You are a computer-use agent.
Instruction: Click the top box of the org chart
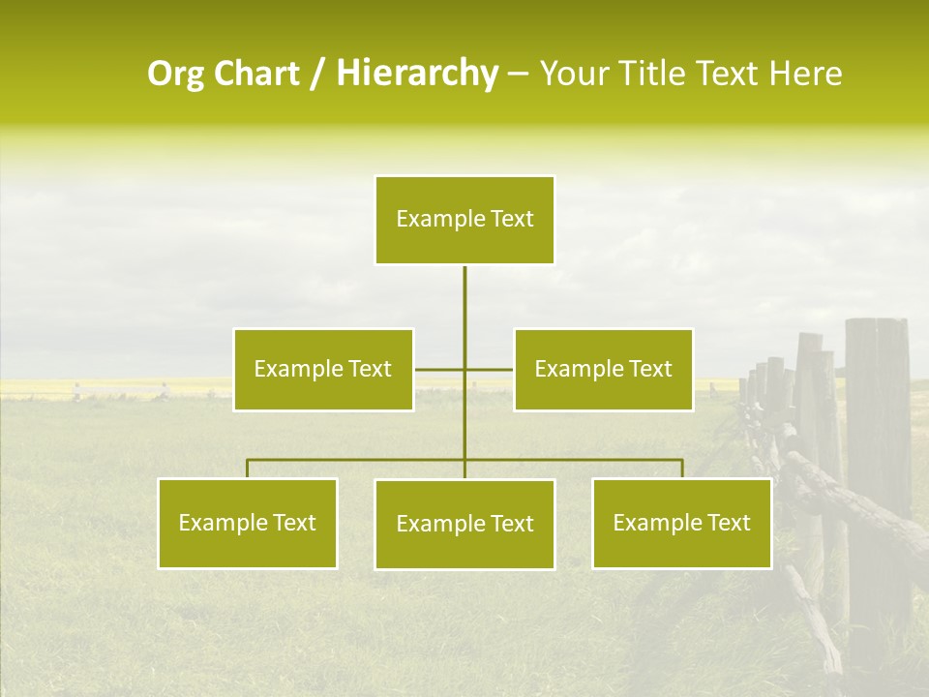[464, 220]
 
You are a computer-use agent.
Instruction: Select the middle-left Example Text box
[323, 370]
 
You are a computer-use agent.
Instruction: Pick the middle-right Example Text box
[603, 370]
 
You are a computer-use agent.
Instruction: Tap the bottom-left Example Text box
[248, 524]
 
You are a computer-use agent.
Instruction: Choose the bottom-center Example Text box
[464, 525]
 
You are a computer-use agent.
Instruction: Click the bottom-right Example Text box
[681, 524]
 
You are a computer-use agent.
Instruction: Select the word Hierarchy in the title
[417, 74]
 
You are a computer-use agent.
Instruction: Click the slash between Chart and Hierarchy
[317, 75]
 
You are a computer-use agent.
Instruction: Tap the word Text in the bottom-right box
[729, 524]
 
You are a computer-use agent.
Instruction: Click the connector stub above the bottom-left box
[248, 469]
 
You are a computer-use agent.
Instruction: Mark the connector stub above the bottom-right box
[682, 469]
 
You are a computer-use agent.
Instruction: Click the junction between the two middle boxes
[464, 370]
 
